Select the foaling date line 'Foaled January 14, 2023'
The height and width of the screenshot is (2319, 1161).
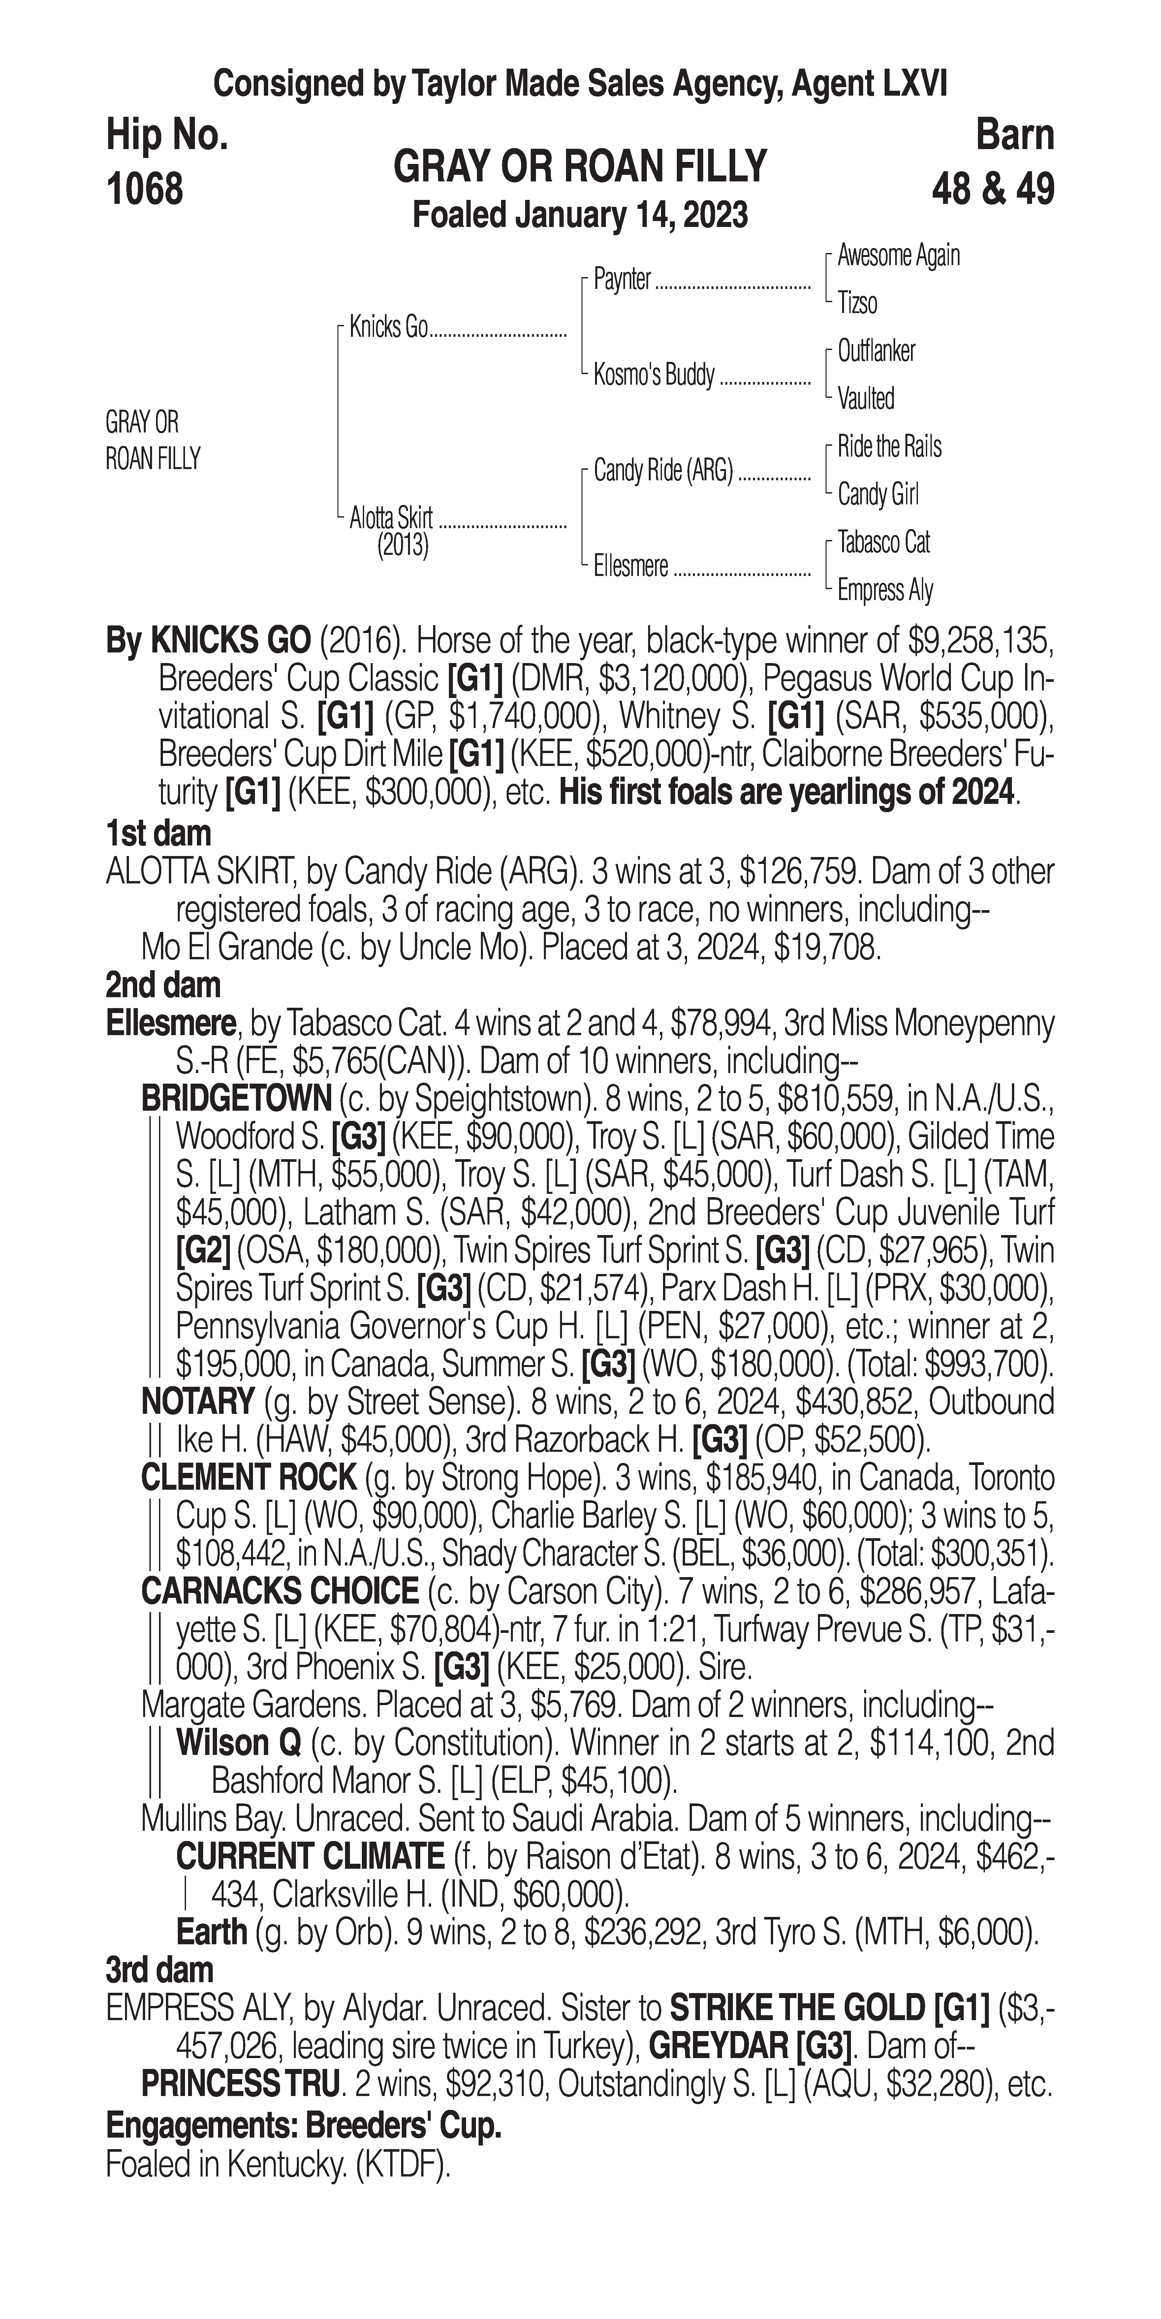coord(580,215)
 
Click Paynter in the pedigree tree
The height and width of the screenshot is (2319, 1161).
coord(622,280)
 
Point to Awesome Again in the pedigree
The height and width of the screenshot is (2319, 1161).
coord(898,256)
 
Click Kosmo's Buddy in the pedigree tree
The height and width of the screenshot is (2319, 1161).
coord(653,374)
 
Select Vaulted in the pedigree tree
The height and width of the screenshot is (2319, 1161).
coord(866,399)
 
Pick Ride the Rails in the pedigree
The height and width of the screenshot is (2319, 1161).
coord(889,447)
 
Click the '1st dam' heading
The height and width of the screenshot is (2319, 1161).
coord(158,834)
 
